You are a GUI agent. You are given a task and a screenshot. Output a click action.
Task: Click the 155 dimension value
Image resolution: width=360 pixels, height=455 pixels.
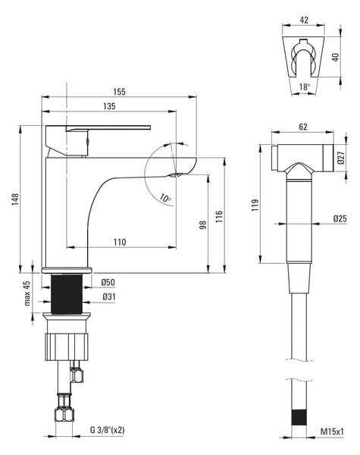[119, 92]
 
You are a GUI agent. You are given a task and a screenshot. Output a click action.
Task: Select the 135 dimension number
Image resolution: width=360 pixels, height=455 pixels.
[109, 106]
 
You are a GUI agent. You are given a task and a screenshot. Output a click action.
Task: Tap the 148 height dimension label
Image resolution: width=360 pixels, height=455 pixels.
[15, 199]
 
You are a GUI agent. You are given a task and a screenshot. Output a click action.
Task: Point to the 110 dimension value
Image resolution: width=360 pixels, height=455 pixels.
[120, 242]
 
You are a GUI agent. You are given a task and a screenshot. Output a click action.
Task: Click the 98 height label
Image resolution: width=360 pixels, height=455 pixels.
[203, 225]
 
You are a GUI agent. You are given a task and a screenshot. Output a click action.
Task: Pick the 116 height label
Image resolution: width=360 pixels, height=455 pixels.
[219, 217]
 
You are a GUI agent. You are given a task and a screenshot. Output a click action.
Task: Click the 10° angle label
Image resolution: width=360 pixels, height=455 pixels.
[165, 198]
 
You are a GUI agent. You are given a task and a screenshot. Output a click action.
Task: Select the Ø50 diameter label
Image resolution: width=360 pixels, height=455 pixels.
[108, 282]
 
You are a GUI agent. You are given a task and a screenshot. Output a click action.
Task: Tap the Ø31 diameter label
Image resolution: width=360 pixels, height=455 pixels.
[109, 297]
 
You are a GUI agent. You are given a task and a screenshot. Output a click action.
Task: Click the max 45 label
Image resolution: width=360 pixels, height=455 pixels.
[27, 293]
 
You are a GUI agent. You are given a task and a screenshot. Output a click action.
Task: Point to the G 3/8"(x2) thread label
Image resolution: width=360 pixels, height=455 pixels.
[107, 430]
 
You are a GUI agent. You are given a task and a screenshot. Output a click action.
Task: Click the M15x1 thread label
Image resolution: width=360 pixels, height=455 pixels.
[332, 431]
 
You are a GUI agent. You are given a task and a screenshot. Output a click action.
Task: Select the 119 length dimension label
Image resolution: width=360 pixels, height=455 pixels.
[255, 205]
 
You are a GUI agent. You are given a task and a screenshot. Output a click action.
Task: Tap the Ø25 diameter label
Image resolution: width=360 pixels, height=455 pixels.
[340, 218]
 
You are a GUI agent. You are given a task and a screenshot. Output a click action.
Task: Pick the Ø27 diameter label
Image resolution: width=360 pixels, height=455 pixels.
[341, 158]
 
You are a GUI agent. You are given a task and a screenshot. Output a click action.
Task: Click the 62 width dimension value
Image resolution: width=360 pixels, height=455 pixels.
[303, 127]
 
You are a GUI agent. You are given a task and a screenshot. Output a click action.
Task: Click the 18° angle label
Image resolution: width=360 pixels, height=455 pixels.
[305, 86]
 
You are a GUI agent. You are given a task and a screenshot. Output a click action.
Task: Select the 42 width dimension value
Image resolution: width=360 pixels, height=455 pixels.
[304, 20]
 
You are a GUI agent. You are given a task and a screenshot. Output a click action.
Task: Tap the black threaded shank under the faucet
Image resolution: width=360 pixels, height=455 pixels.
[67, 293]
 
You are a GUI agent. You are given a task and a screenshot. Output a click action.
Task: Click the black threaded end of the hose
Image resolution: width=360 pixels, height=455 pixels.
[299, 418]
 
